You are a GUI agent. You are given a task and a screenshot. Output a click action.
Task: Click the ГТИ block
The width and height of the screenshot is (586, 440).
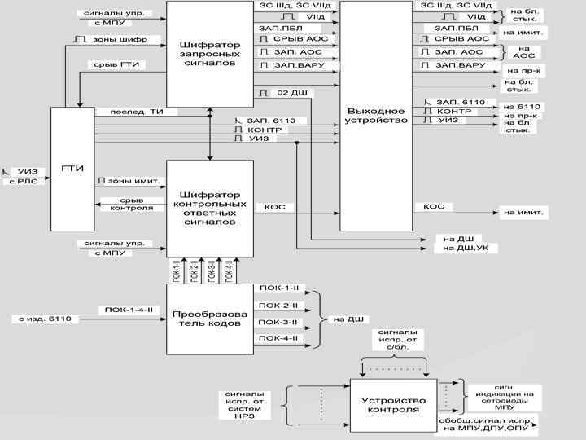pyautogui.click(x=72, y=169)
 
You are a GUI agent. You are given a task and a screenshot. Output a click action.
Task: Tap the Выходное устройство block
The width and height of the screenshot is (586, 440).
pyautogui.click(x=376, y=116)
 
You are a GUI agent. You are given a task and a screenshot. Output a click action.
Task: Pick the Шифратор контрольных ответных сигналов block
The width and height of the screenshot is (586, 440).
pyautogui.click(x=210, y=208)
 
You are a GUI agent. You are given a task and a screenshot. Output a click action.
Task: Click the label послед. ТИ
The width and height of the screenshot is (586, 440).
pyautogui.click(x=126, y=112)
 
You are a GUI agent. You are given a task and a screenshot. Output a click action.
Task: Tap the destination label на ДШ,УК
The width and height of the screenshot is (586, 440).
pyautogui.click(x=466, y=248)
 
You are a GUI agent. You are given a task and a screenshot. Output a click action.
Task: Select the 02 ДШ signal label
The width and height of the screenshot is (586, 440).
pyautogui.click(x=289, y=93)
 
